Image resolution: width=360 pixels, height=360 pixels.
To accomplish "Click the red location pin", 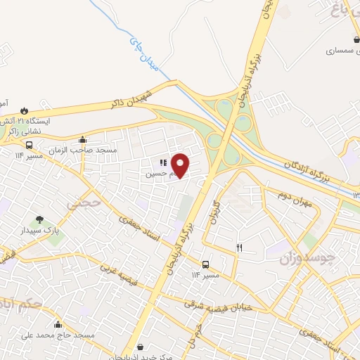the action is pos(181,165).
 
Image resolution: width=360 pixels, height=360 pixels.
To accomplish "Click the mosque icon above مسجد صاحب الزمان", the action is pos(83,139).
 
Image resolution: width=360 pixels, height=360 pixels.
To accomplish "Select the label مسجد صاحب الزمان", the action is pos(92,151).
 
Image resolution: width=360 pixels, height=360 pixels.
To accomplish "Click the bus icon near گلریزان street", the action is pos(205,264).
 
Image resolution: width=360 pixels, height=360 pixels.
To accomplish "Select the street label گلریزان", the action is pos(215,212).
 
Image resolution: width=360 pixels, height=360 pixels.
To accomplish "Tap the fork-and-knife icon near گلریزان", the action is pos(239,247).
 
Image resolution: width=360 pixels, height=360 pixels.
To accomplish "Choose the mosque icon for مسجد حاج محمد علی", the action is pos(58,325).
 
